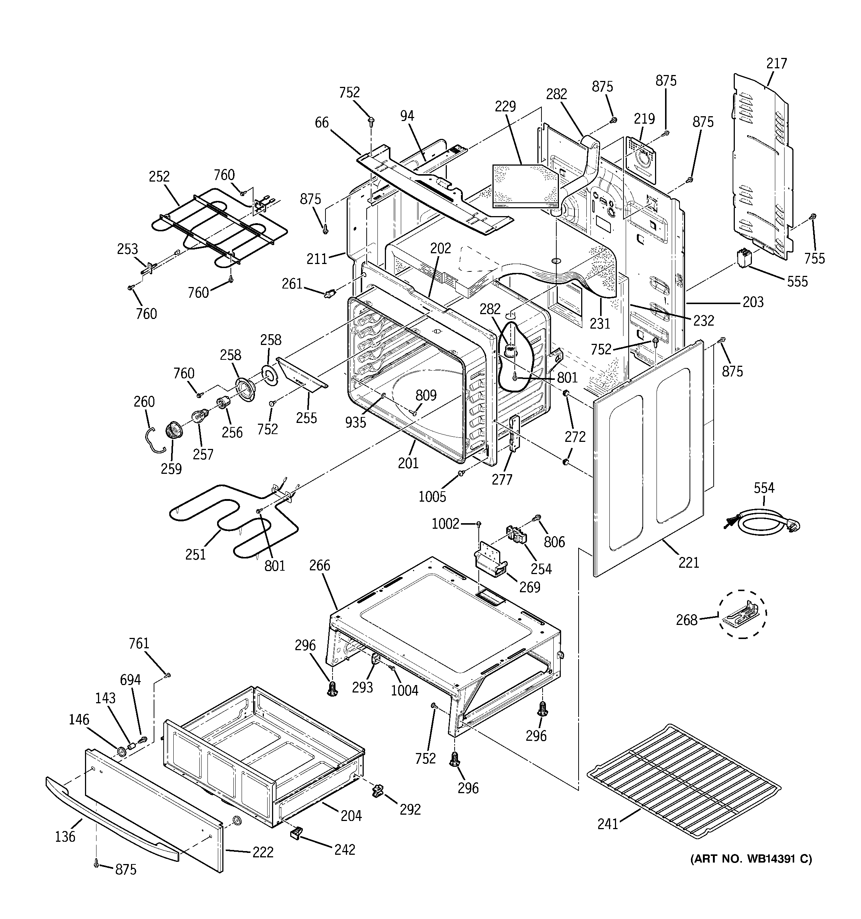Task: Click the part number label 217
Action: (x=776, y=63)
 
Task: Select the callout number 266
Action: (x=320, y=566)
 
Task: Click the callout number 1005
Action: (x=432, y=496)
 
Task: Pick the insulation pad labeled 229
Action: (x=524, y=185)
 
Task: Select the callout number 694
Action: (x=130, y=680)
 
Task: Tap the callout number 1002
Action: (x=445, y=524)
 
